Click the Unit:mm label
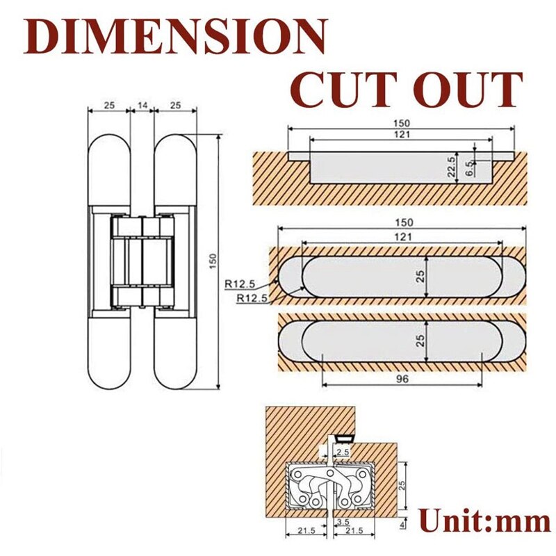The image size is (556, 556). [484, 520]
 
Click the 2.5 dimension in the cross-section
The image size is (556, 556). [342, 452]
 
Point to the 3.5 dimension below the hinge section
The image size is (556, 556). [342, 521]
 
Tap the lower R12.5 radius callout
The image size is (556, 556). [250, 298]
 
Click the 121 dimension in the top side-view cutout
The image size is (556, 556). [402, 133]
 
